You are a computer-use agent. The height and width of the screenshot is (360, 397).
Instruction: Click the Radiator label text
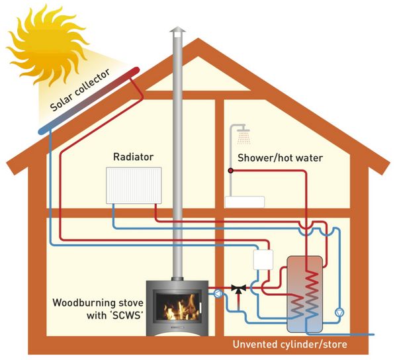tap(133, 157)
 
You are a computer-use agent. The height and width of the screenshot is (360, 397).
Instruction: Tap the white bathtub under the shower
tap(244, 202)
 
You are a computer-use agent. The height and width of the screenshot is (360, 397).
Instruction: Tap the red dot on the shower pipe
tap(231, 170)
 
